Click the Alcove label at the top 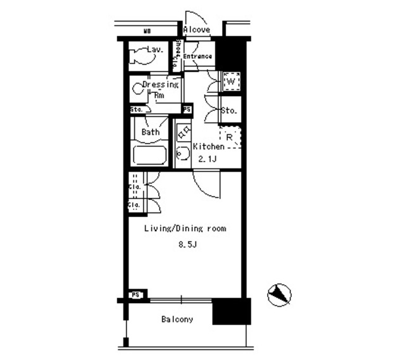coord(197,30)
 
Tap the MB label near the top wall coord(147,30)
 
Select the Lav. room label coord(156,49)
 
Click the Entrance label coord(197,57)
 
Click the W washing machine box coord(231,82)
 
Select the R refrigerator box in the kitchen coord(230,137)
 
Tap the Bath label coord(151,132)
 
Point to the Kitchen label coord(209,146)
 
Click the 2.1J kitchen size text coord(206,159)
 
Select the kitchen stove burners coord(184,133)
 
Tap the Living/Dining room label coord(185,228)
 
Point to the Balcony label coord(178,320)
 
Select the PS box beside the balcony coord(135,295)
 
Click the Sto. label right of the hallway coord(229,111)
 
